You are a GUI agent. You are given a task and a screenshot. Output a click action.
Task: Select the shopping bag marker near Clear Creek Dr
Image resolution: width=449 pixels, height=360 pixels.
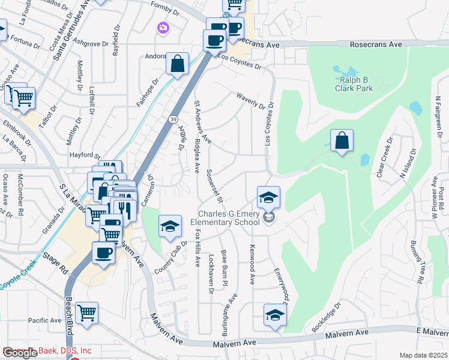coord(342,141)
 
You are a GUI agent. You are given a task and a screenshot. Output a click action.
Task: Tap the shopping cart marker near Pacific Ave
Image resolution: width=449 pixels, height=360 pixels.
coord(87,313)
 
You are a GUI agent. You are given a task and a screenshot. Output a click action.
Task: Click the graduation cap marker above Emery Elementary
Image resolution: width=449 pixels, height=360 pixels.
coord(268,197)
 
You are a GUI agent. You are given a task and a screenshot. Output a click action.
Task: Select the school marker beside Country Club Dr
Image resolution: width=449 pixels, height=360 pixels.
coord(170,227)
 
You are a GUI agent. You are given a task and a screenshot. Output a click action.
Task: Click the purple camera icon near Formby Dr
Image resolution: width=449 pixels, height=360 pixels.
coord(163,28)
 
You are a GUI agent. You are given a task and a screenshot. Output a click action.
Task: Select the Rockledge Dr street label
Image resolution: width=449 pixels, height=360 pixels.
coord(326,318)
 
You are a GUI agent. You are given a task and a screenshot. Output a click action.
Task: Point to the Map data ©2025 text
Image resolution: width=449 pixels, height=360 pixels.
coord(423,355)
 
